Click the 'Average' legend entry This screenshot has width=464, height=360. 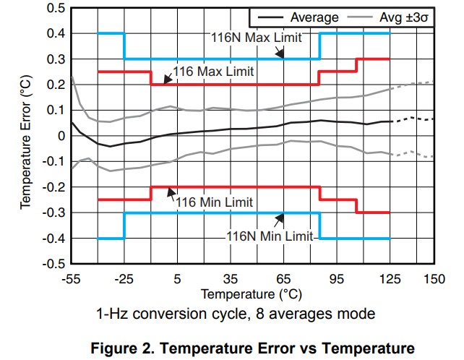coord(314,17)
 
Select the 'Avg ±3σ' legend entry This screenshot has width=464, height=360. coord(404,17)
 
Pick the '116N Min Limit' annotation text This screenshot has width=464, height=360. coord(269,236)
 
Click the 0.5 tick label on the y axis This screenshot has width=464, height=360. coord(55,8)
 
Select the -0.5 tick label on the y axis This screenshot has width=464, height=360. coord(53,264)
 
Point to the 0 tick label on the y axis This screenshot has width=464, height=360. coord(60,136)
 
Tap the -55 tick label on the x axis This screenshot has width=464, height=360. coord(71,279)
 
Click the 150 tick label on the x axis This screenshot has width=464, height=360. coord(434,279)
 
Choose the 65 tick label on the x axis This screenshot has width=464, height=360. coord(283,279)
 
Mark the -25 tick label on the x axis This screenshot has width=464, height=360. coord(124,279)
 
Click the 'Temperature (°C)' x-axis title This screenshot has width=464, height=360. coord(251,294)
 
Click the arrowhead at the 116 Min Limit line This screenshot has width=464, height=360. coord(171,190)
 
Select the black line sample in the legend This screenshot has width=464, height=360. coord(270,17)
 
